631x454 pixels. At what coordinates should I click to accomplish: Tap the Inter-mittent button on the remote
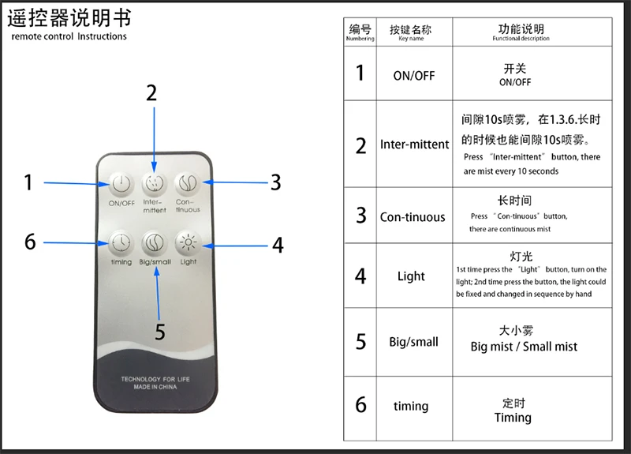click(x=154, y=183)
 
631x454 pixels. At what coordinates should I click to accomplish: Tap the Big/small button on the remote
click(x=154, y=241)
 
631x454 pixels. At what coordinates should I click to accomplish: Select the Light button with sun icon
click(x=188, y=241)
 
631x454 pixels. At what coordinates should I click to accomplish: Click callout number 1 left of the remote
click(x=28, y=183)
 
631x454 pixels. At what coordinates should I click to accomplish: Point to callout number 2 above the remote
click(x=151, y=93)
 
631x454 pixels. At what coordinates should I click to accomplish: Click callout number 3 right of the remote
click(x=275, y=182)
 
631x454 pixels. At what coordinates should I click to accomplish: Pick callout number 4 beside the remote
click(x=278, y=245)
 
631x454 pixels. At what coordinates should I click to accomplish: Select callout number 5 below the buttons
click(x=160, y=332)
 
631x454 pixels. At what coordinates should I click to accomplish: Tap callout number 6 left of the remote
click(x=30, y=242)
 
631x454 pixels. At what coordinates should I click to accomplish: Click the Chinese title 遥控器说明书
click(x=69, y=18)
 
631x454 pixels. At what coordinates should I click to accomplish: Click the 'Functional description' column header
click(x=521, y=32)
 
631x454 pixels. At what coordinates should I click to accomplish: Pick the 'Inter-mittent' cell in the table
click(x=414, y=144)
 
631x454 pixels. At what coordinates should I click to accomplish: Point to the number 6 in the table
click(x=360, y=405)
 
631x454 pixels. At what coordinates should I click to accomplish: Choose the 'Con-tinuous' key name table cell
click(x=413, y=217)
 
